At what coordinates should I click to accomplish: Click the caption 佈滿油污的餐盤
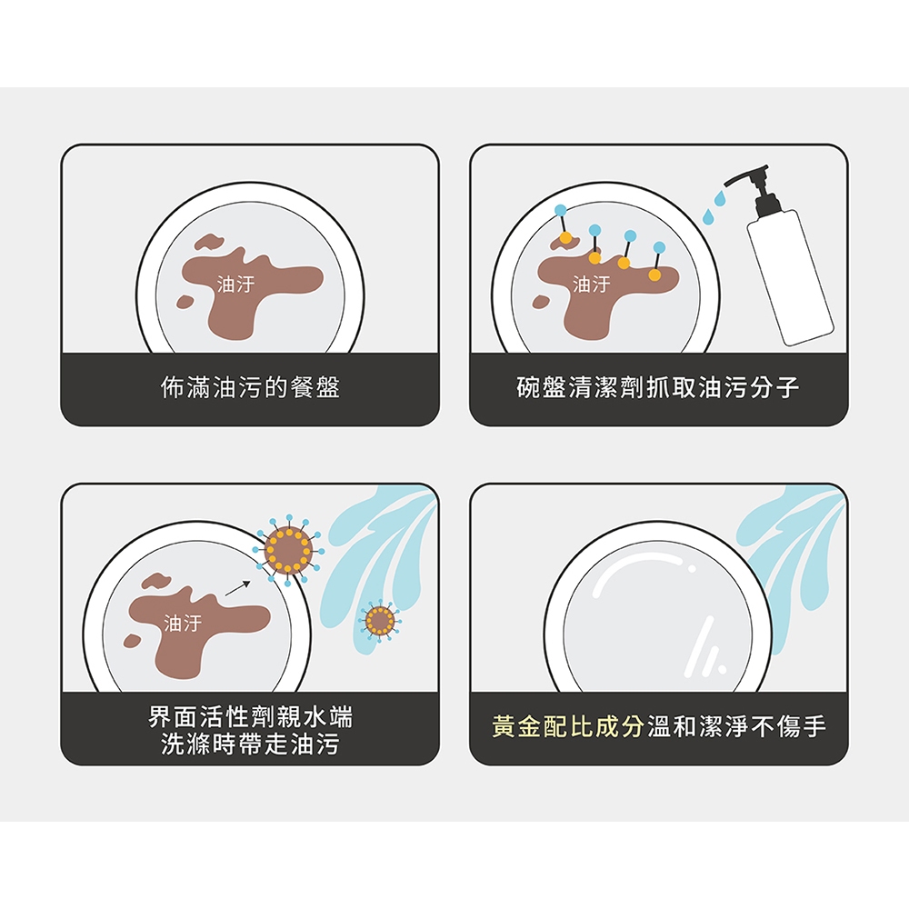tap(250, 387)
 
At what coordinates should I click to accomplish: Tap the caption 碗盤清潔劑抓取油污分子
tap(658, 387)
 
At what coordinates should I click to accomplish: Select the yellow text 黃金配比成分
tap(568, 725)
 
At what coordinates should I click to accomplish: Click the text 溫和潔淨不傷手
tap(735, 725)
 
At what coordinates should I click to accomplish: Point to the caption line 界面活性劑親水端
tap(250, 716)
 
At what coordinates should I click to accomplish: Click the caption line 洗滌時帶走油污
tap(250, 744)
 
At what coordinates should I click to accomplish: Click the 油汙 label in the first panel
tap(235, 284)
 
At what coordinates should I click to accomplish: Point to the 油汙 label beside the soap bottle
tap(592, 284)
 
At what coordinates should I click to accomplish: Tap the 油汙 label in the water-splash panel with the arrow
tap(183, 624)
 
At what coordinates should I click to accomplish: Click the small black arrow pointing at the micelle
tap(237, 588)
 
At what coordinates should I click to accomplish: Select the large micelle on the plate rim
tap(288, 549)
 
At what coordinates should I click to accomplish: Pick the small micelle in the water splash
tap(380, 621)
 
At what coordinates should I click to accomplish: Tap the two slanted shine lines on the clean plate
tap(705, 647)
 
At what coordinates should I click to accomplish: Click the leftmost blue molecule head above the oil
tap(561, 210)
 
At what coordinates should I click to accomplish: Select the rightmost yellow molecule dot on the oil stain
tap(654, 275)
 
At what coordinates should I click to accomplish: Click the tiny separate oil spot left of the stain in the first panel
tap(185, 302)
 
